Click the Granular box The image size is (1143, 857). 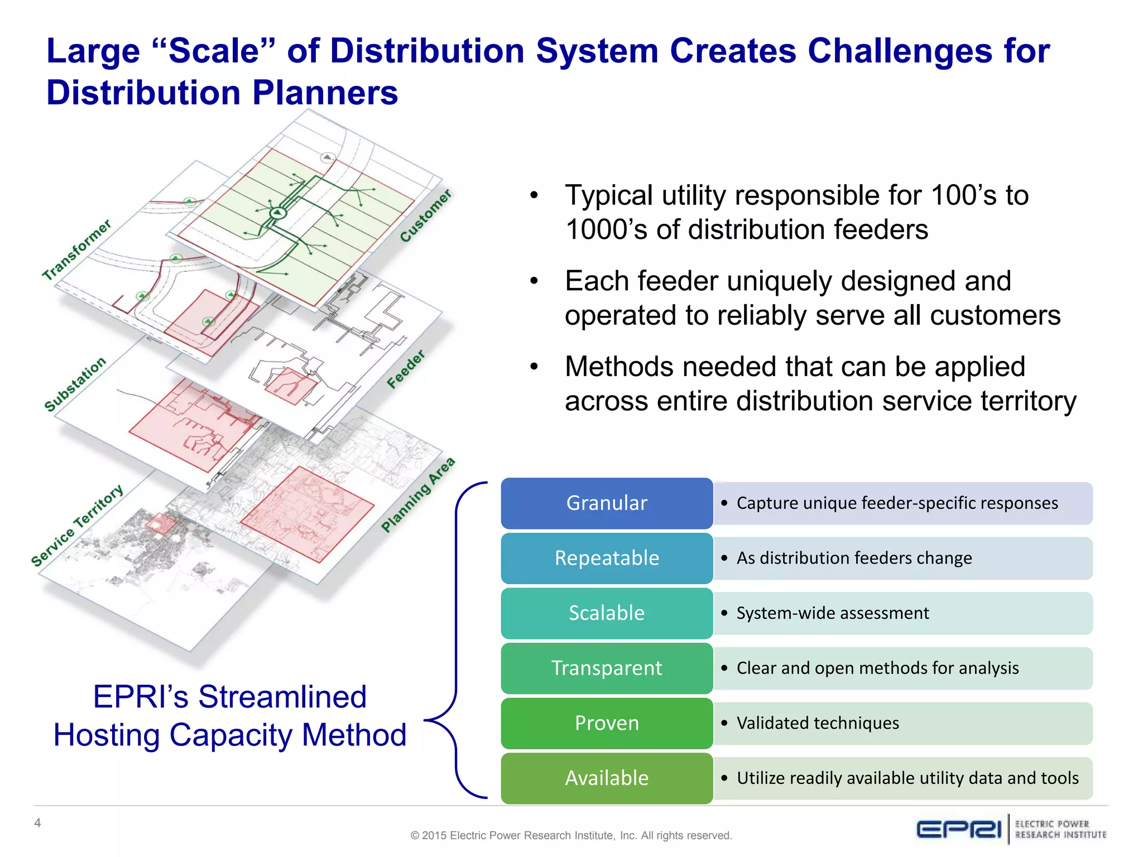click(607, 503)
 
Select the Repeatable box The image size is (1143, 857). click(607, 558)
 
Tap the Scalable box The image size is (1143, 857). click(607, 613)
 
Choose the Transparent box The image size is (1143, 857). click(607, 668)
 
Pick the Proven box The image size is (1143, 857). click(607, 723)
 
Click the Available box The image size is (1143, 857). click(607, 778)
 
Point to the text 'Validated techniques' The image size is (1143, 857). click(818, 723)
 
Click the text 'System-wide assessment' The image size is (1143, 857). click(833, 613)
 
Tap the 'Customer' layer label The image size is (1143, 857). click(426, 216)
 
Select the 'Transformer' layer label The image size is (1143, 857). click(77, 250)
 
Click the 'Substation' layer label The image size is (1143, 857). click(75, 384)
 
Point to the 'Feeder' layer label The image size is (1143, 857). click(406, 369)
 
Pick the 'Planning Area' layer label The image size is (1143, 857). click(418, 495)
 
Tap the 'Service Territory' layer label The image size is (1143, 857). click(77, 526)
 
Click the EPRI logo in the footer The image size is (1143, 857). click(959, 829)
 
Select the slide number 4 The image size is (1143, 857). click(37, 823)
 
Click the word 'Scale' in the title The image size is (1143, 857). click(214, 51)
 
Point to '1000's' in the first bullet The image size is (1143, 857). click(606, 230)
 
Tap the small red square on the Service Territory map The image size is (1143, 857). click(161, 524)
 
